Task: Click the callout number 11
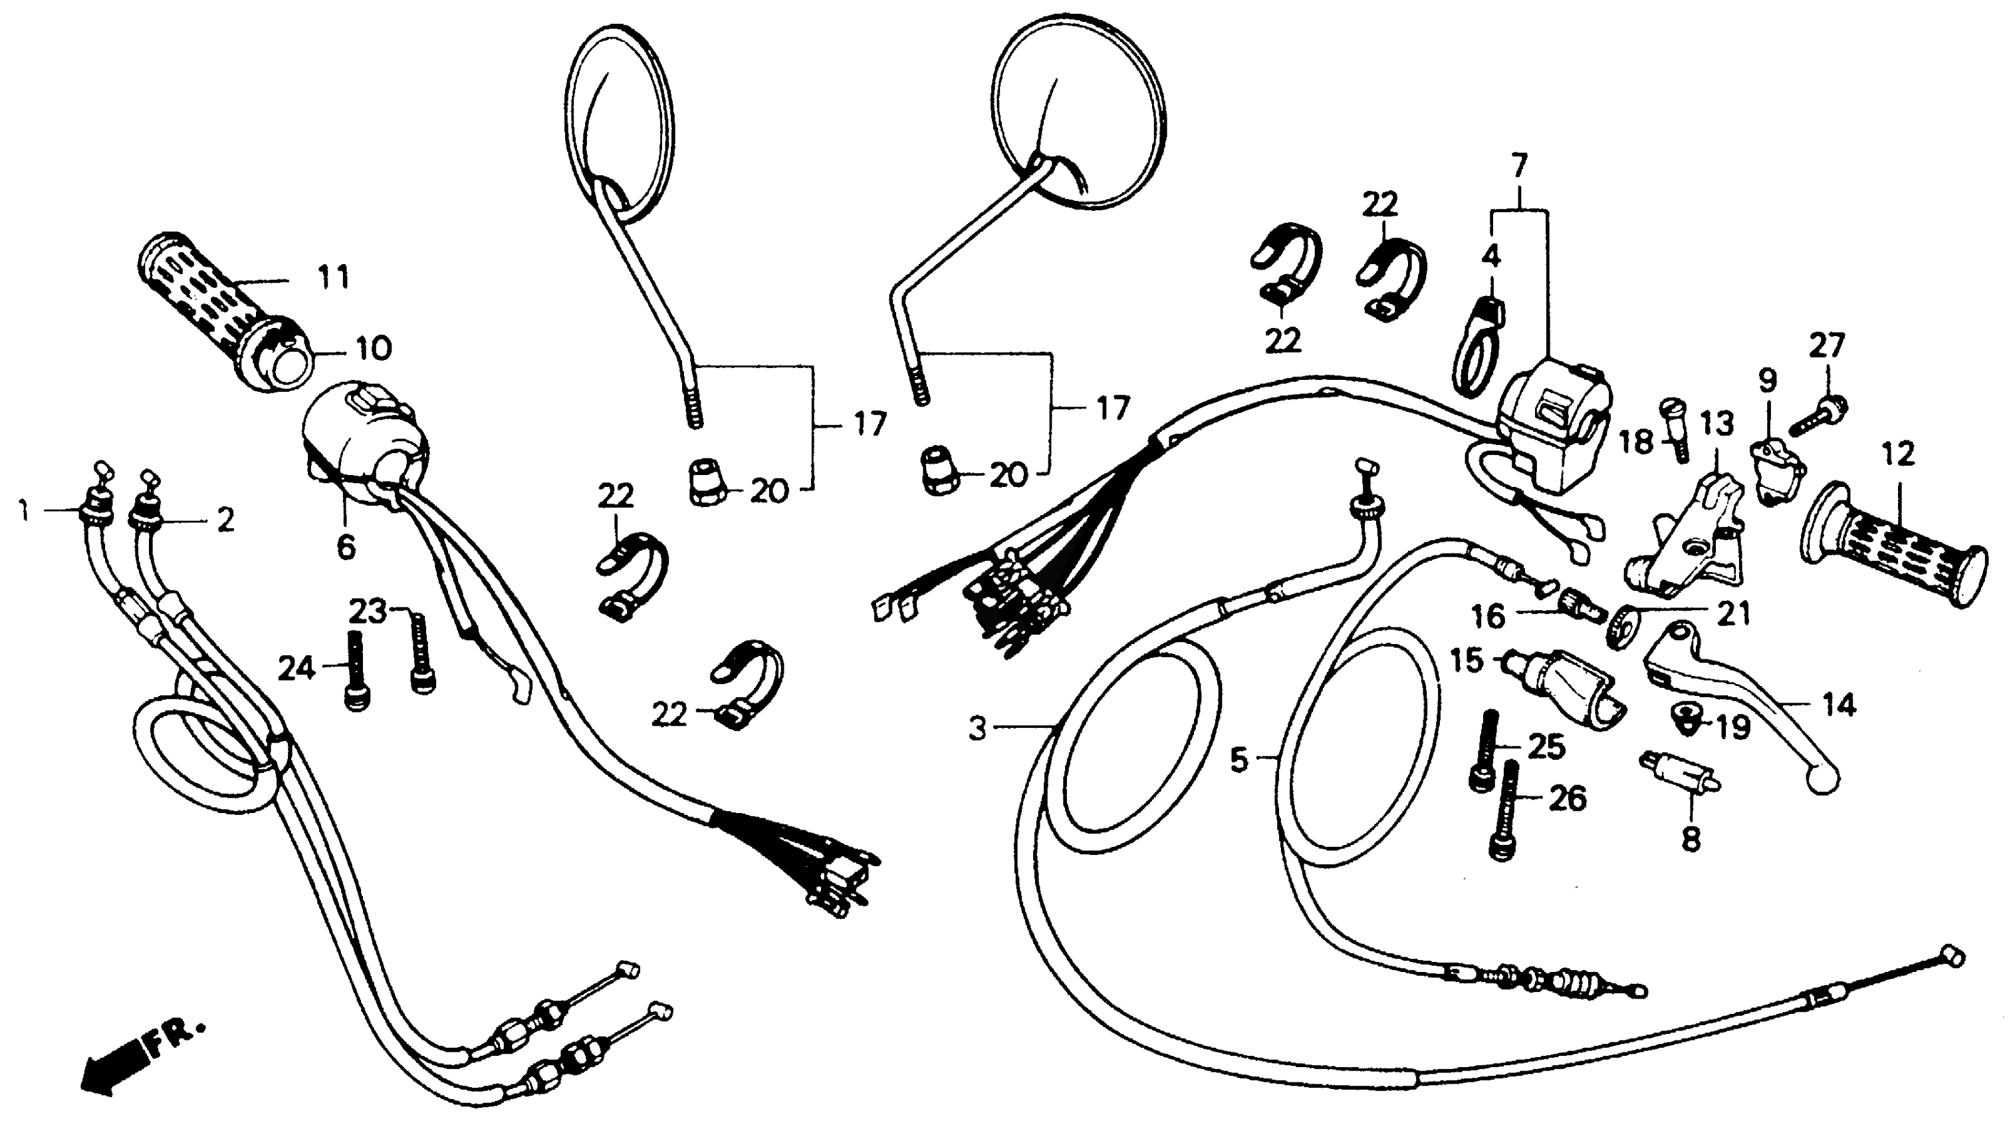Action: point(334,278)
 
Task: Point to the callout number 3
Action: point(978,729)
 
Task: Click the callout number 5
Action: point(1239,759)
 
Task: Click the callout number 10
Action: point(374,349)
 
